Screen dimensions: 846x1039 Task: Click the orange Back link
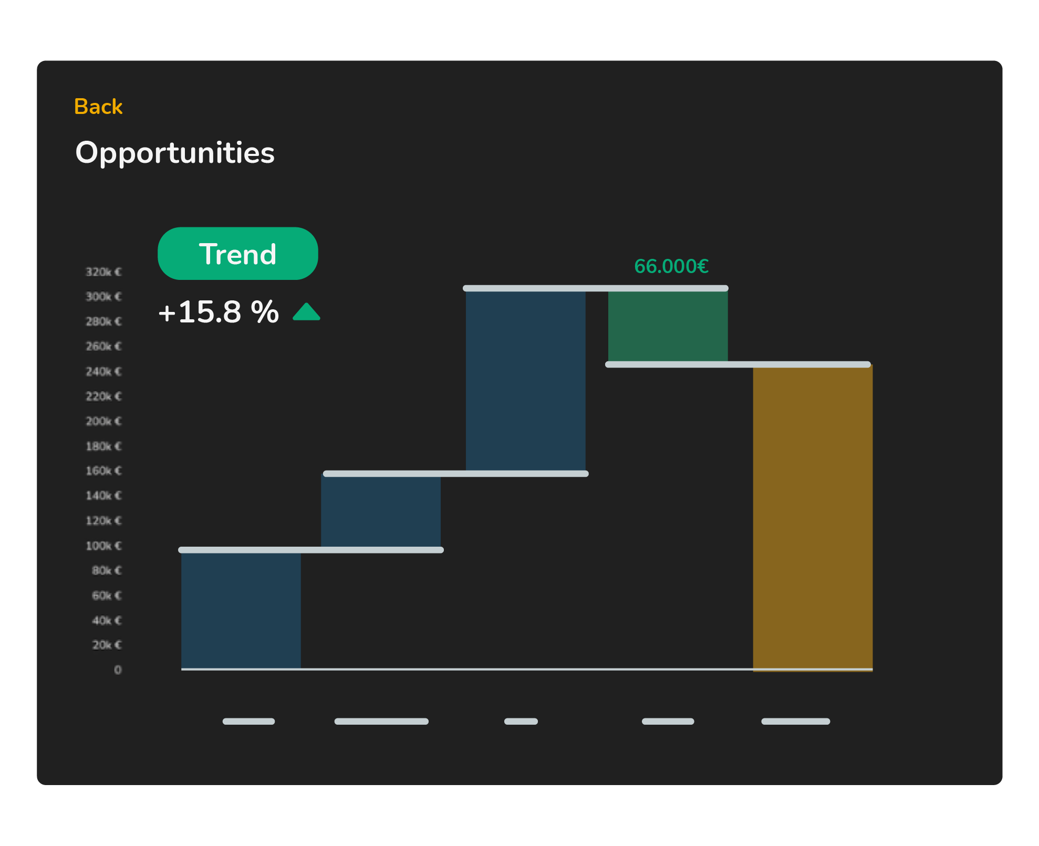98,107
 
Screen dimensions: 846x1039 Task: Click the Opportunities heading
175,153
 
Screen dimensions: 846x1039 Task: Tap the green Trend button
237,254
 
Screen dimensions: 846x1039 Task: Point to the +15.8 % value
219,312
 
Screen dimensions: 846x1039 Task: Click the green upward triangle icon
306,312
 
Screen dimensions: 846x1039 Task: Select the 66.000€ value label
671,266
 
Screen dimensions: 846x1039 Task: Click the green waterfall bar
668,326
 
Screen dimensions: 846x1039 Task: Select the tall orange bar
813,517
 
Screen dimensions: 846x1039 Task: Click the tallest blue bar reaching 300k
525,381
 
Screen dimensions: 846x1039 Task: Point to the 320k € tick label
103,272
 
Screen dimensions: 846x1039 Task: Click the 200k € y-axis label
103,421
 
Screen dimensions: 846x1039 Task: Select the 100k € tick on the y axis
103,546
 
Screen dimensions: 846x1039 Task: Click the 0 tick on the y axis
118,670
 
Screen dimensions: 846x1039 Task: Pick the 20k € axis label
107,645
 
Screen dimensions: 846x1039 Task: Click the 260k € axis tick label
103,347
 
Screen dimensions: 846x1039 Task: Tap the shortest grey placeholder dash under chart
521,721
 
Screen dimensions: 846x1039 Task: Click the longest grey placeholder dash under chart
381,721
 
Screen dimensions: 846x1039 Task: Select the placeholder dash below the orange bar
795,721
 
